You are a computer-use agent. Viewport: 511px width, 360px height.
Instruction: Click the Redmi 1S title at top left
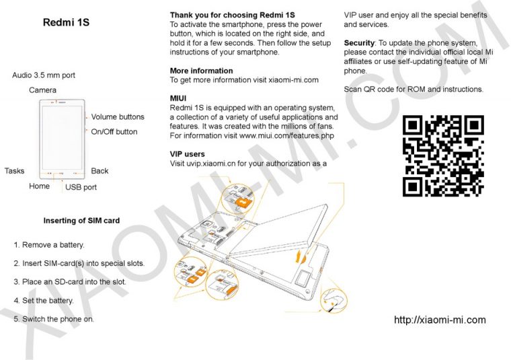tap(66, 23)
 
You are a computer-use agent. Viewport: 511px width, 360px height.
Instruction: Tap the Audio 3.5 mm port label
tap(44, 75)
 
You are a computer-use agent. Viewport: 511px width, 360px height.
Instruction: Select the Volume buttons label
tap(118, 117)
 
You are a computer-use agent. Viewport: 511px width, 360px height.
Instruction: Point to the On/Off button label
tap(114, 132)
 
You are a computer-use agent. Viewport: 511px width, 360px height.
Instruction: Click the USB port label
tap(81, 187)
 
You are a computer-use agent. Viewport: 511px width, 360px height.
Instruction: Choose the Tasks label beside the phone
tap(15, 171)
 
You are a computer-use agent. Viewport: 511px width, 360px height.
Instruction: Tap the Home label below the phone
tap(39, 186)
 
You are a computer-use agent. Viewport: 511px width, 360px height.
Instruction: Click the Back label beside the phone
tap(100, 171)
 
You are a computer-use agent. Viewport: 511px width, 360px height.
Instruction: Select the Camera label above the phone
tap(42, 90)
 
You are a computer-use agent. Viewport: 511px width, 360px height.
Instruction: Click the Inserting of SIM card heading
tap(81, 221)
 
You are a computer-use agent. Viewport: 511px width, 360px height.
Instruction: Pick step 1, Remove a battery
tap(49, 245)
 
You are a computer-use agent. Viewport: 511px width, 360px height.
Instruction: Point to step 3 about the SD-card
tap(70, 281)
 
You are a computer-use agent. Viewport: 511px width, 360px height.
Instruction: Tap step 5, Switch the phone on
tap(54, 318)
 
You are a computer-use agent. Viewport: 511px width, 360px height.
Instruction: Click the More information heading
tap(201, 71)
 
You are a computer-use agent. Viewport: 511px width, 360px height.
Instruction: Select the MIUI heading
tap(178, 98)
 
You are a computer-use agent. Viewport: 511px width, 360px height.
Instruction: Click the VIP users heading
tap(188, 154)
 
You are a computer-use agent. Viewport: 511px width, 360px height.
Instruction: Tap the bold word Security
tap(359, 42)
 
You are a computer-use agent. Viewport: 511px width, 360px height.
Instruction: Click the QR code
tap(443, 155)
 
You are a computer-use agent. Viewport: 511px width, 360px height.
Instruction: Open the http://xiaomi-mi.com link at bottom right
tap(440, 320)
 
